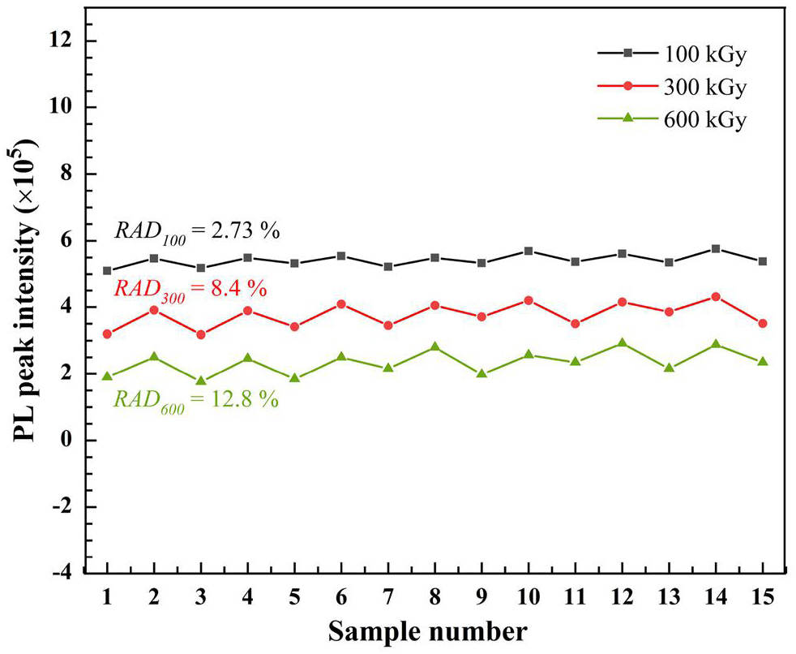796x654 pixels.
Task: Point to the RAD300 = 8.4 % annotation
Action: click(190, 288)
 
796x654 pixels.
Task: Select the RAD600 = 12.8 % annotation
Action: click(196, 399)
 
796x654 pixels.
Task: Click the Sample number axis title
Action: click(430, 630)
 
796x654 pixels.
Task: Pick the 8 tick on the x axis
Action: click(434, 596)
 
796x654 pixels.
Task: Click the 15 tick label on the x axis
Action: click(762, 596)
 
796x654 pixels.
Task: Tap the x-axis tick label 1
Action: click(107, 596)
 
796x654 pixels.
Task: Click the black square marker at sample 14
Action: click(716, 248)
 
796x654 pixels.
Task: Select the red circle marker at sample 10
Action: click(529, 300)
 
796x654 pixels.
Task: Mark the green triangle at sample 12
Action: click(622, 343)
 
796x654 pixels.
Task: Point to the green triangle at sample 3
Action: click(201, 381)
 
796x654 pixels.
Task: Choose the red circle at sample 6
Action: click(341, 304)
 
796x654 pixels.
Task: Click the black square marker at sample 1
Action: click(107, 270)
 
